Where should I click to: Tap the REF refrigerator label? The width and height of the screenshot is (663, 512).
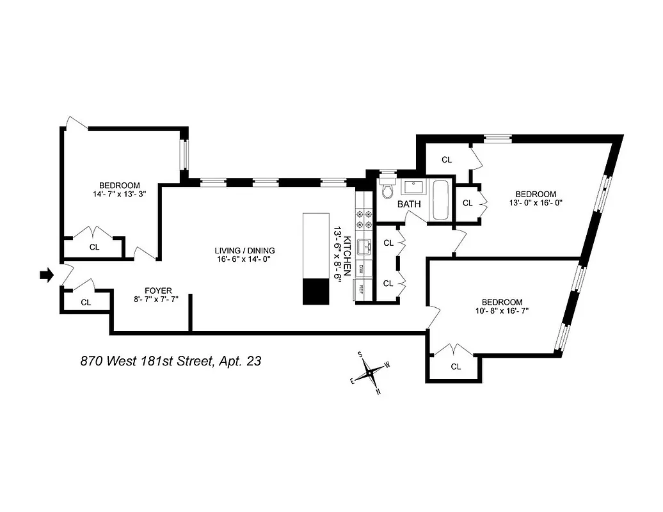(x=362, y=289)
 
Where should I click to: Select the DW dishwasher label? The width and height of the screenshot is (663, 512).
(x=362, y=269)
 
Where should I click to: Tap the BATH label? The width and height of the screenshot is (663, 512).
(x=408, y=205)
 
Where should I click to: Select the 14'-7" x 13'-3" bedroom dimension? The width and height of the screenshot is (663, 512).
(x=120, y=195)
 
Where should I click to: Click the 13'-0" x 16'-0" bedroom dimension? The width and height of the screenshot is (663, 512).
(x=536, y=203)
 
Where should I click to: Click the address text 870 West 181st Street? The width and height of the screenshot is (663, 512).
(x=170, y=362)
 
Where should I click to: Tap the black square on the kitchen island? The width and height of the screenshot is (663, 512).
(x=316, y=291)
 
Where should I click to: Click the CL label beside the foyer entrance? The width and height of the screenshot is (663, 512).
(x=86, y=302)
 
